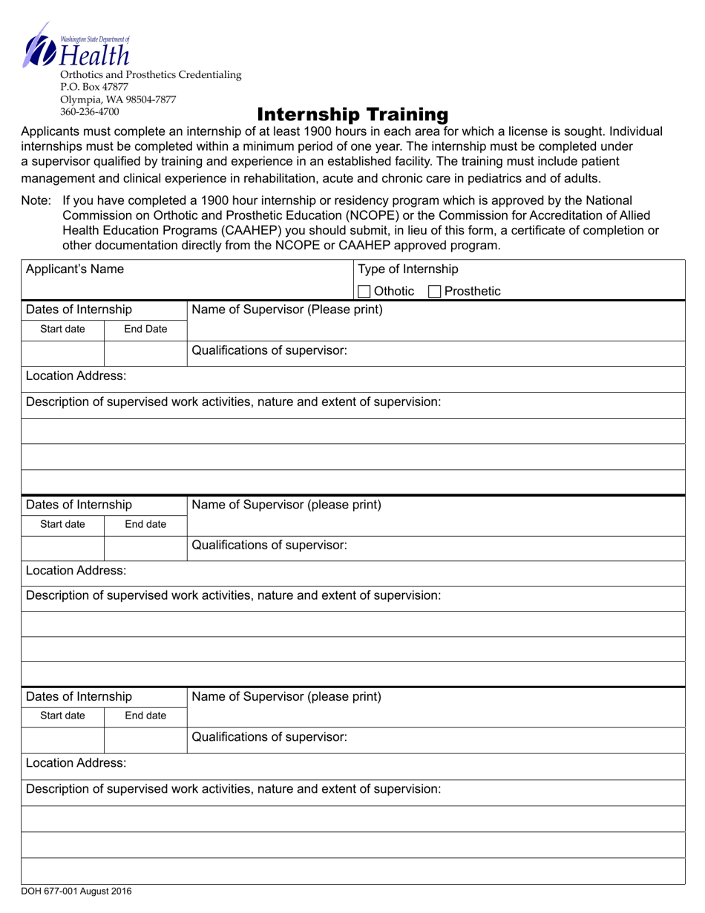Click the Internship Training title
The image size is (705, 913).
[x=352, y=114]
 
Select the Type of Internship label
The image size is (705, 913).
[x=408, y=269]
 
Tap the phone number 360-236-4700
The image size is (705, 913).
[x=88, y=112]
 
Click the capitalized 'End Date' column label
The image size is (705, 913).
[x=145, y=329]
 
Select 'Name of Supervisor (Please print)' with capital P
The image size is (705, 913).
[x=287, y=310]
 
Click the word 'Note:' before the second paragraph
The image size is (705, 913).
[x=36, y=200]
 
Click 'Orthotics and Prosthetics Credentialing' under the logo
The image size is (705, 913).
[x=151, y=74]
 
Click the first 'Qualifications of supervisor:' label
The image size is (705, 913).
[x=269, y=351]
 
